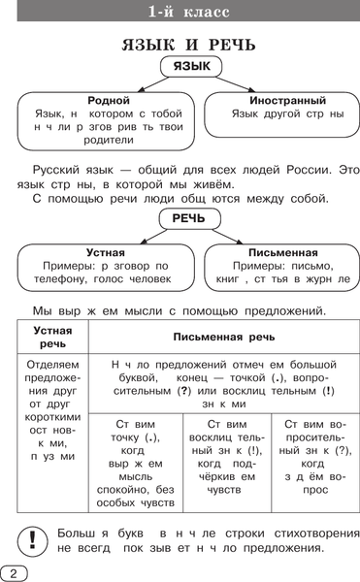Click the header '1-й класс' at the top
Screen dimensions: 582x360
pyautogui.click(x=180, y=14)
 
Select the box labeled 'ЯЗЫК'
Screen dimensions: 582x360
pyautogui.click(x=190, y=67)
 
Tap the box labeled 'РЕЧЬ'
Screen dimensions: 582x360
pyautogui.click(x=188, y=218)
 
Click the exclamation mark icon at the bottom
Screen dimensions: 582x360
pyautogui.click(x=32, y=538)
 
